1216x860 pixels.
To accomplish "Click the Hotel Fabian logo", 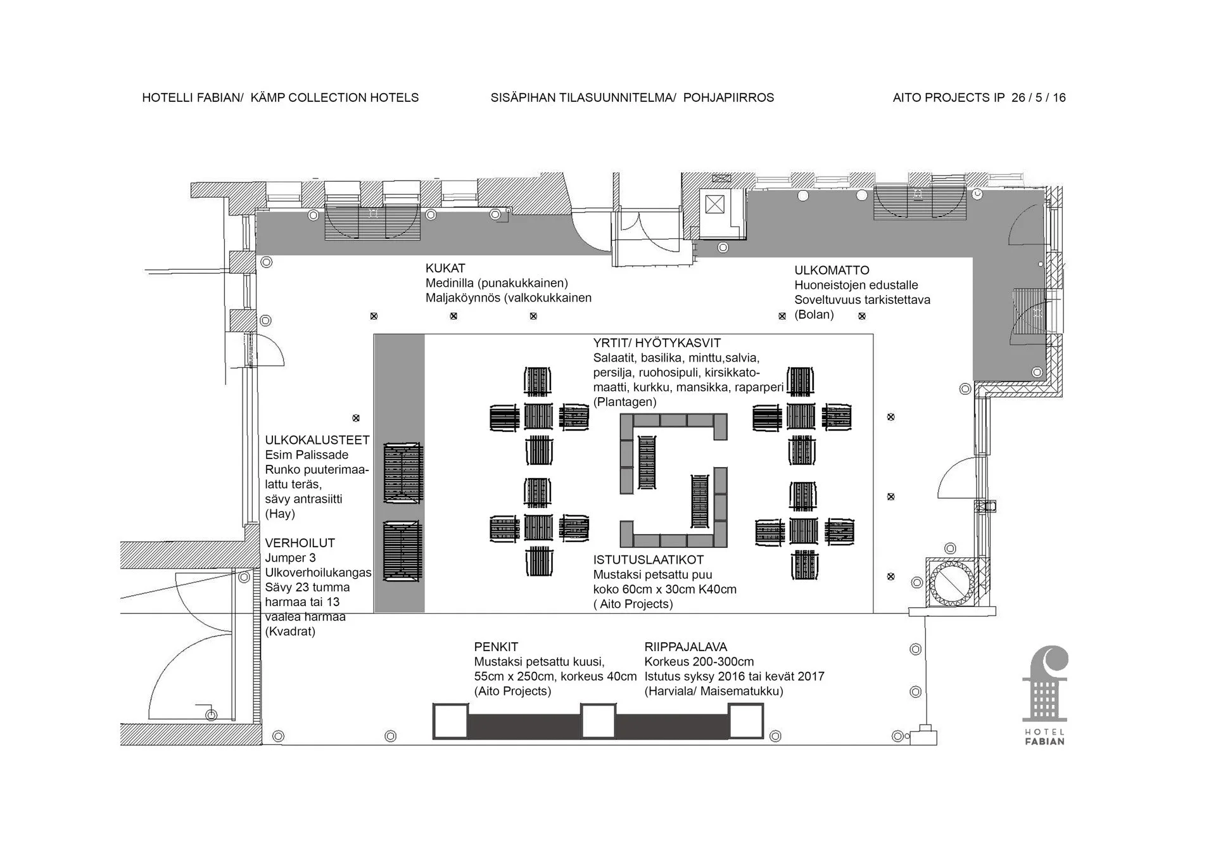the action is pyautogui.click(x=1045, y=695).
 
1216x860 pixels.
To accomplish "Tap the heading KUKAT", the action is pyautogui.click(x=445, y=269).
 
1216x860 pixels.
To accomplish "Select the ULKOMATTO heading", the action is pyautogui.click(x=832, y=270).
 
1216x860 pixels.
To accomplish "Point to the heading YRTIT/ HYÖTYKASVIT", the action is pyautogui.click(x=657, y=343).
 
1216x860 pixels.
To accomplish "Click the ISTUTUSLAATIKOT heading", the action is pyautogui.click(x=649, y=560).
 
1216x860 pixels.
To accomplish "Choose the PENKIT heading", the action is pyautogui.click(x=496, y=647).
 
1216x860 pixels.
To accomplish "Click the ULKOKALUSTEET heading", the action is pyautogui.click(x=317, y=440).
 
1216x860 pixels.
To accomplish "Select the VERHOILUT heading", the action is pyautogui.click(x=300, y=543).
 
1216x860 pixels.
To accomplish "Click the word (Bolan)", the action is pyautogui.click(x=814, y=315).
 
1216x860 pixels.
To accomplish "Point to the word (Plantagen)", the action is pyautogui.click(x=624, y=402).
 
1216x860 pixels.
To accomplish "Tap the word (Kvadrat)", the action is pyautogui.click(x=290, y=631).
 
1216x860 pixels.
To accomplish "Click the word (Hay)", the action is pyautogui.click(x=280, y=514).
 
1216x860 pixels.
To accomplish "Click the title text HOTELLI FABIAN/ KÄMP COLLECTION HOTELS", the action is pyautogui.click(x=281, y=98).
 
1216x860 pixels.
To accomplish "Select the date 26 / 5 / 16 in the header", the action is pyautogui.click(x=1039, y=98).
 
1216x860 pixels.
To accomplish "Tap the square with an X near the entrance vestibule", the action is pyautogui.click(x=714, y=204).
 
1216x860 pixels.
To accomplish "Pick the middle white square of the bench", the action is pyautogui.click(x=598, y=721).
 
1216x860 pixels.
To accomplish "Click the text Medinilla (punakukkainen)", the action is pyautogui.click(x=497, y=283).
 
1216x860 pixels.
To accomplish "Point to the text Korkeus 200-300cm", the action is pyautogui.click(x=699, y=662).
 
